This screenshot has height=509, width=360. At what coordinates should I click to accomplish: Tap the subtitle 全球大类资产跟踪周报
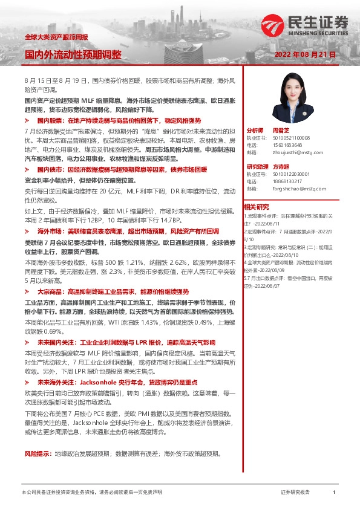coord(56,37)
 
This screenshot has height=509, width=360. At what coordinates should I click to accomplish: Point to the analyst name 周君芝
coord(278,130)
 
